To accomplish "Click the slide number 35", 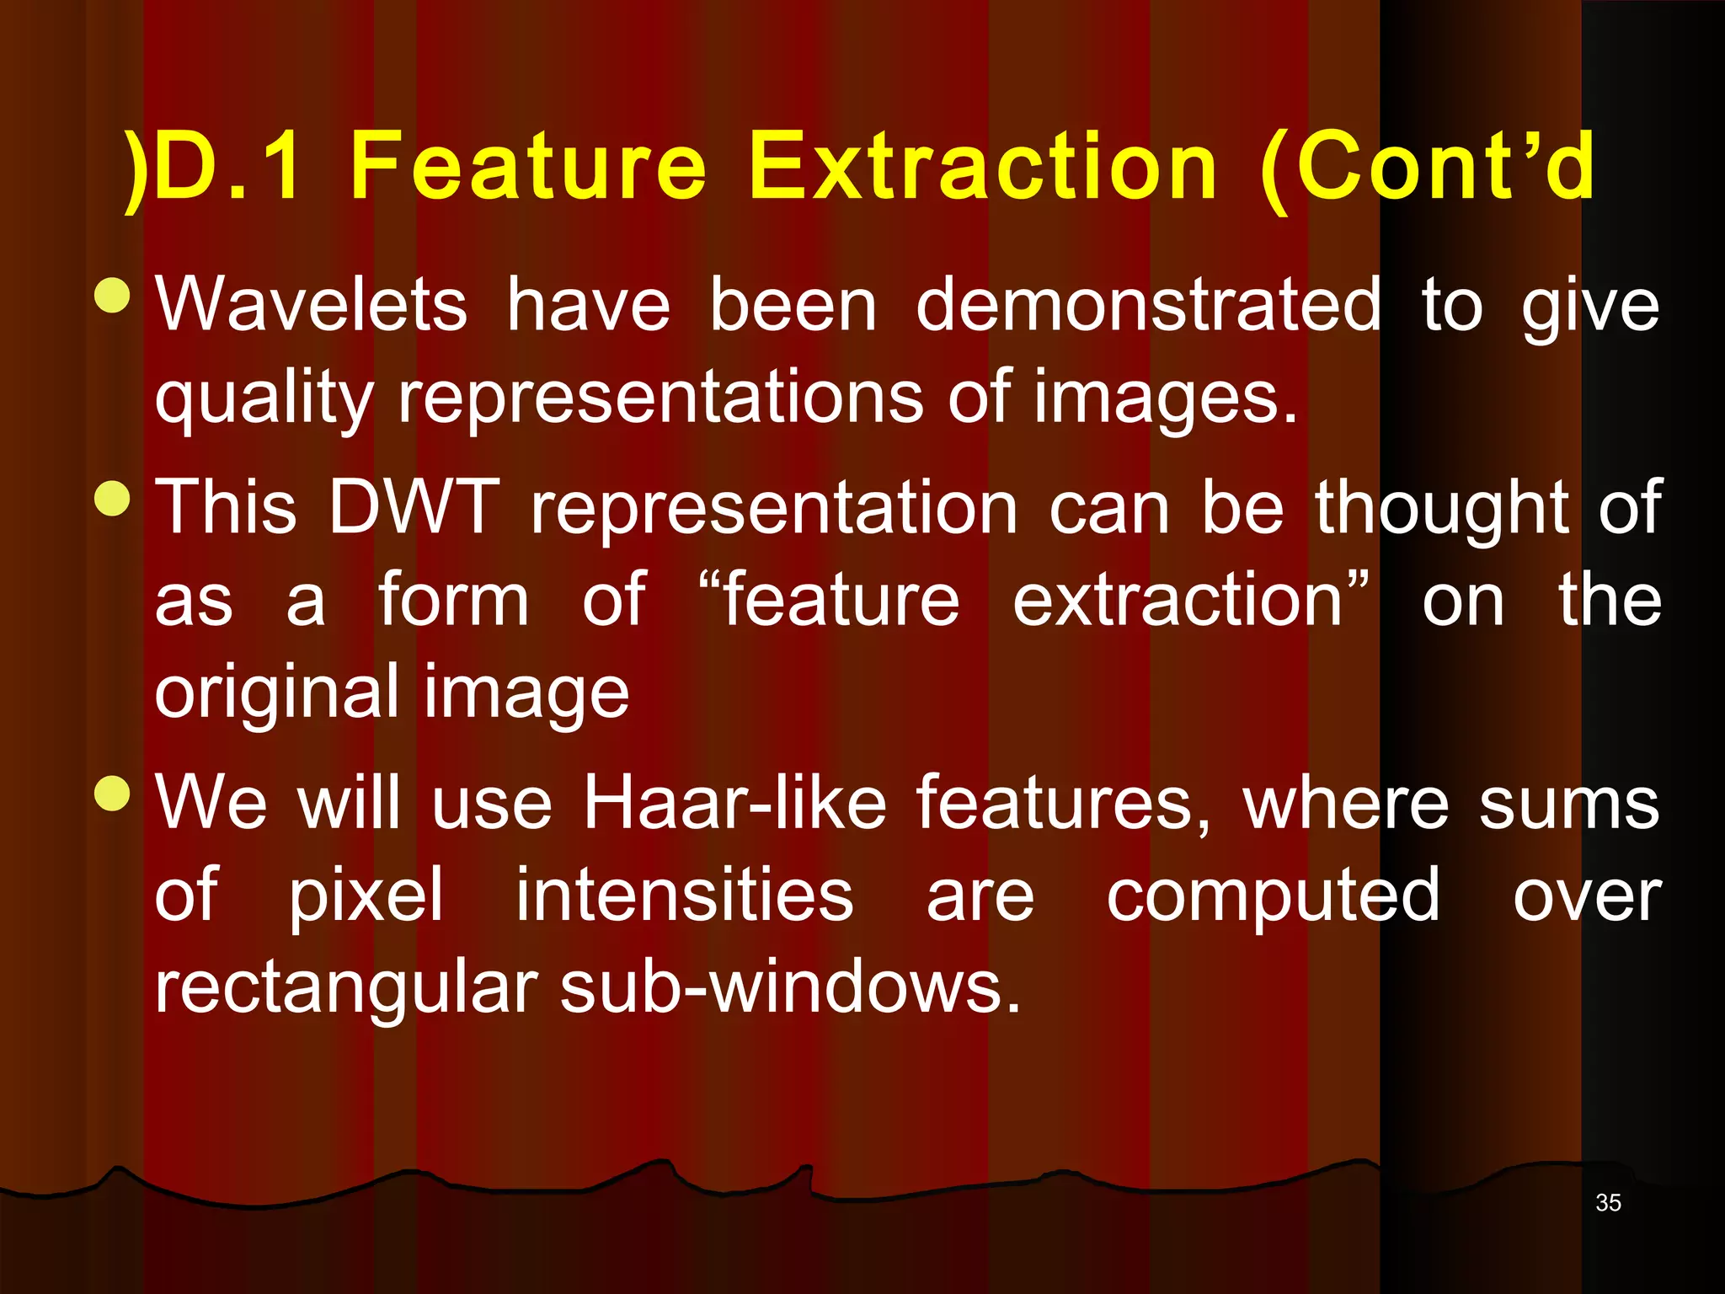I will [1607, 1203].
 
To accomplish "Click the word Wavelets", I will [311, 305].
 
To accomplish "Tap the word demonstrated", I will [1148, 305].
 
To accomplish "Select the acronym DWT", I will [414, 508].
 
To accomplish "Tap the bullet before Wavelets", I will [113, 296].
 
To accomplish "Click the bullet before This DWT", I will [113, 499].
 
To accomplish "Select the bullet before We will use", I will [113, 794].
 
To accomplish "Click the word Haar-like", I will [734, 803].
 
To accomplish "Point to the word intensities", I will [684, 896].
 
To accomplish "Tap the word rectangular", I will [345, 988].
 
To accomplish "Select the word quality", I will [264, 399].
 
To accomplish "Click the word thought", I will [1442, 508].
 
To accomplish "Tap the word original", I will [276, 694].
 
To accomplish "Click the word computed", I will [1273, 896].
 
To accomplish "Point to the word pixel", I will [366, 896].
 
